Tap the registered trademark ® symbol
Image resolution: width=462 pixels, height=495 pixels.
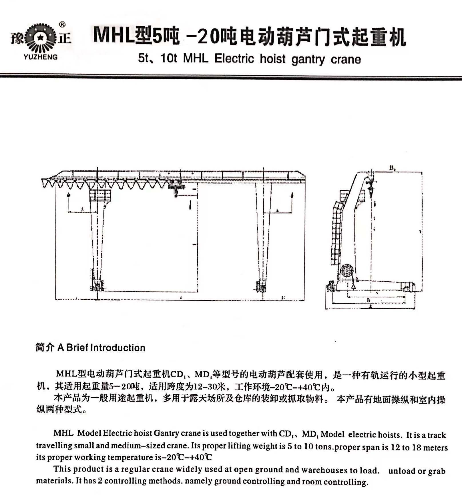(x=62, y=25)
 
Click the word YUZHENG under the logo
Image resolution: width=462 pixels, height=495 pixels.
(x=40, y=57)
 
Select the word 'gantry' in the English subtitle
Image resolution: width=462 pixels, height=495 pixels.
(x=308, y=59)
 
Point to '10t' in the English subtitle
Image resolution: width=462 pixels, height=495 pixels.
(x=169, y=58)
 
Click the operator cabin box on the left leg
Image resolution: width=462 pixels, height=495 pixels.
(x=100, y=196)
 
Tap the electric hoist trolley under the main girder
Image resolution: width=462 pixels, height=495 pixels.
(x=176, y=189)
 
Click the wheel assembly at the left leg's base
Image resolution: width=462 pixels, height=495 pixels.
(x=97, y=286)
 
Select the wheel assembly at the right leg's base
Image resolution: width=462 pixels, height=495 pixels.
(x=261, y=286)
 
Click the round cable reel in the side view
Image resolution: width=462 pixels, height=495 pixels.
(x=347, y=271)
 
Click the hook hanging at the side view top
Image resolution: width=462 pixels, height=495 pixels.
(x=371, y=189)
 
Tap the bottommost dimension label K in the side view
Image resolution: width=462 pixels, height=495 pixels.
(x=370, y=307)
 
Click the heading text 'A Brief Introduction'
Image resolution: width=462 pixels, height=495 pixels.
(x=101, y=348)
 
